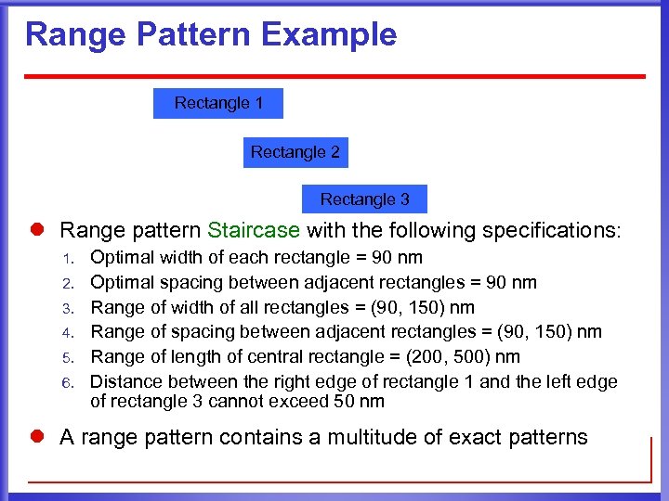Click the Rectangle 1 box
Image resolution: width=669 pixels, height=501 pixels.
[x=218, y=103]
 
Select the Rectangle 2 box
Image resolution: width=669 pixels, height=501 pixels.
[x=295, y=152]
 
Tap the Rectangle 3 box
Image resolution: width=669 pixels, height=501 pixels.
[x=364, y=199]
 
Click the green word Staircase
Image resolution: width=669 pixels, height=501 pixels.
[x=254, y=230]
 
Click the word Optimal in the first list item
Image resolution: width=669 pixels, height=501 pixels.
[x=122, y=258]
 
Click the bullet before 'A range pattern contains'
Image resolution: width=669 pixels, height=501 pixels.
[x=41, y=437]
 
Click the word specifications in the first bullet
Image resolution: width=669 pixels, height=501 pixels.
[x=551, y=230]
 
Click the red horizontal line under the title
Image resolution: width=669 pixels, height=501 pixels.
[x=334, y=76]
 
